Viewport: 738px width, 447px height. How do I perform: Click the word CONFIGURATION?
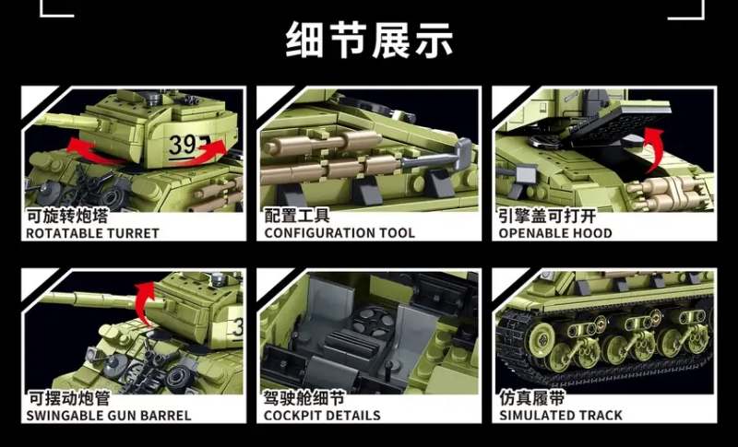(x=319, y=233)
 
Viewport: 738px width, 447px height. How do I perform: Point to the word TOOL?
(x=396, y=233)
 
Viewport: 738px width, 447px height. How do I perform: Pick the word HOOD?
(x=594, y=233)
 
